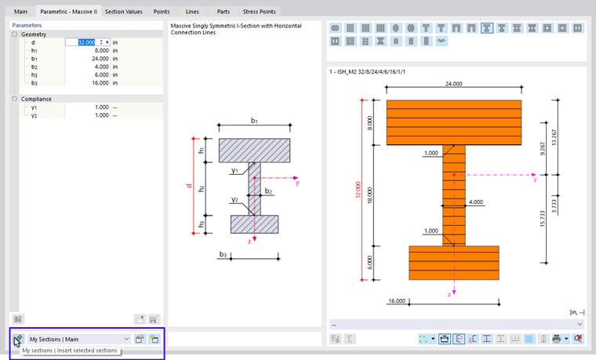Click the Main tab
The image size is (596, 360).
point(20,13)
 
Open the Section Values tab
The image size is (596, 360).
point(124,13)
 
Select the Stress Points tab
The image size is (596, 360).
point(263,13)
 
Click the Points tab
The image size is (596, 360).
point(162,13)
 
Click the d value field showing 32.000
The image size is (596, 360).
point(85,42)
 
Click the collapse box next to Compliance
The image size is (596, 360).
point(15,99)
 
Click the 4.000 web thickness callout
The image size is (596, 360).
point(475,202)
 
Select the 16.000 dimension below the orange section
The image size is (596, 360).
point(398,300)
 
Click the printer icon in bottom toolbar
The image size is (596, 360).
point(556,339)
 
